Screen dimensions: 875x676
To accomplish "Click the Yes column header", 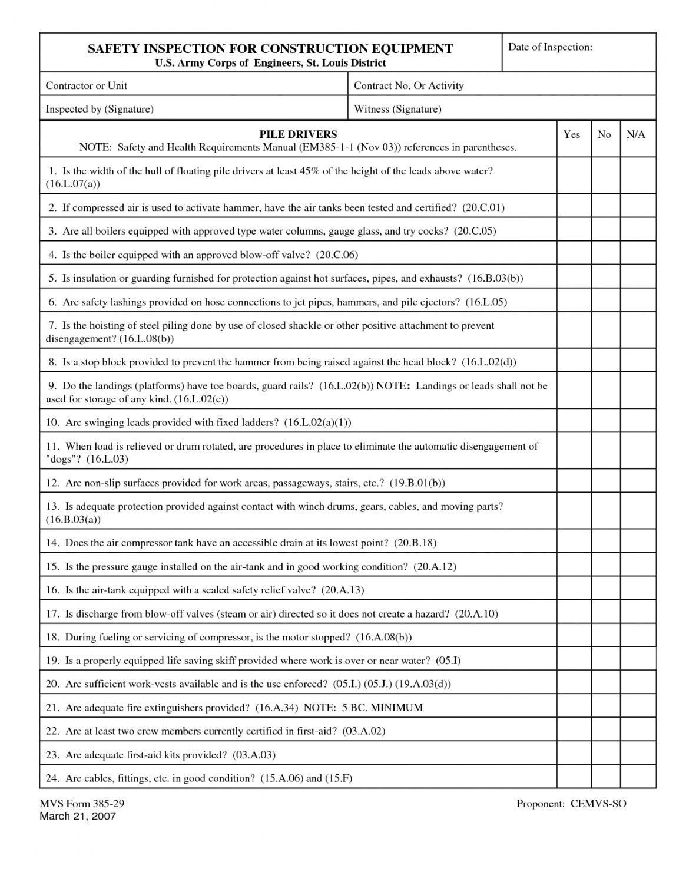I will click(571, 134).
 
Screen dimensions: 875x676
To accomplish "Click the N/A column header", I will click(636, 134).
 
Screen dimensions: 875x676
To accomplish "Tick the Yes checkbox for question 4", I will click(574, 254).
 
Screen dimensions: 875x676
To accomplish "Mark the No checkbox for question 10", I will click(605, 422).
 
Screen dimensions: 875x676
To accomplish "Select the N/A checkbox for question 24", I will click(638, 777).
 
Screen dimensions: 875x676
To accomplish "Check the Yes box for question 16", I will click(574, 589).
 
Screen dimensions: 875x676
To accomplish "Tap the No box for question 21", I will click(605, 707).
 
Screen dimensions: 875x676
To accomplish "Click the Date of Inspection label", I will click(549, 47).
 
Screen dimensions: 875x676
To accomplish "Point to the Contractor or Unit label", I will click(87, 85).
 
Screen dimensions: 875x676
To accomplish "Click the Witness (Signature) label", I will click(397, 109).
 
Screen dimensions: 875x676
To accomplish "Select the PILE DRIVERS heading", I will click(298, 134).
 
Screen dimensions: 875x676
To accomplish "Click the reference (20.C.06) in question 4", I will click(337, 255).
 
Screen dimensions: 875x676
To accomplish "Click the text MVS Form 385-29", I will click(82, 804).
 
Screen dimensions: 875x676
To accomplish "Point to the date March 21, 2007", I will click(78, 816).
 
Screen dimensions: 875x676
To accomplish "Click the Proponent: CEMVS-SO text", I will click(571, 804).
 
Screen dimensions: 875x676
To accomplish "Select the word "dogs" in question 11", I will click(63, 458).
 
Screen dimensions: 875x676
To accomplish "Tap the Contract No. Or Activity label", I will click(409, 85).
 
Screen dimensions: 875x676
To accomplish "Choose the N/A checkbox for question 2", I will click(638, 207).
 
